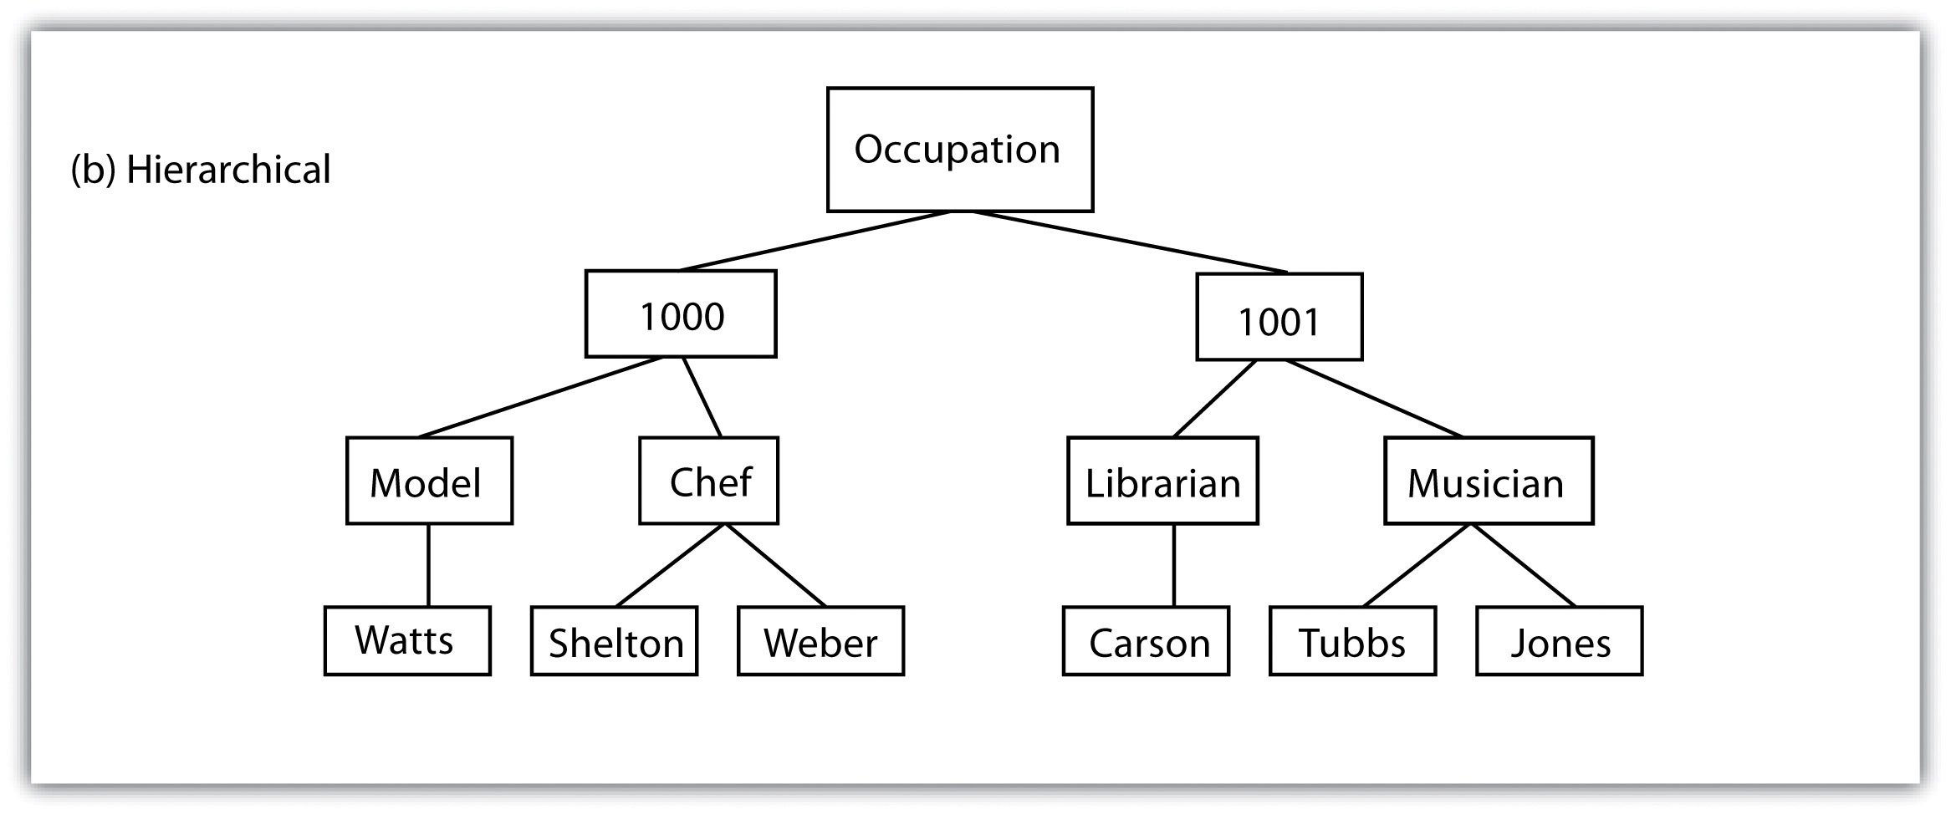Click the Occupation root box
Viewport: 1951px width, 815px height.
click(960, 150)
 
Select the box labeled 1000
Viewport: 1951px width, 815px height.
click(681, 313)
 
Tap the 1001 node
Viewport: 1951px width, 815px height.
click(1279, 317)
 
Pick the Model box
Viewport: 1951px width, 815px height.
click(430, 481)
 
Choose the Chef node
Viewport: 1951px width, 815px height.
click(709, 481)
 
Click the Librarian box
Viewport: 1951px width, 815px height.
click(1163, 481)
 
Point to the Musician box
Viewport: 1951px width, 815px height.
click(1489, 481)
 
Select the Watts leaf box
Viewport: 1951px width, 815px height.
click(407, 640)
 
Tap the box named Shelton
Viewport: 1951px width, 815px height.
click(615, 640)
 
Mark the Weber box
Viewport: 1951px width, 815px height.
click(821, 640)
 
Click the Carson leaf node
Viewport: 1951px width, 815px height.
click(1147, 640)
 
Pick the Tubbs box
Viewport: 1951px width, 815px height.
click(1353, 640)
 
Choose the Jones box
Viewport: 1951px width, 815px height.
click(1560, 640)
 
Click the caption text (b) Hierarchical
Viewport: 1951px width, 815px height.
click(201, 170)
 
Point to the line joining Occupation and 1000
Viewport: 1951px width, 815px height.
click(815, 241)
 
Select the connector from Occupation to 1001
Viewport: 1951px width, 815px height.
click(1130, 242)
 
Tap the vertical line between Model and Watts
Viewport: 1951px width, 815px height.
click(429, 565)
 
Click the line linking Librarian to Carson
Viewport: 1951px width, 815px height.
click(1174, 565)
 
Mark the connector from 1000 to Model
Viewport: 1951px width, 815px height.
click(540, 397)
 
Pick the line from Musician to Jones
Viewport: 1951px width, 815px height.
click(1523, 565)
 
